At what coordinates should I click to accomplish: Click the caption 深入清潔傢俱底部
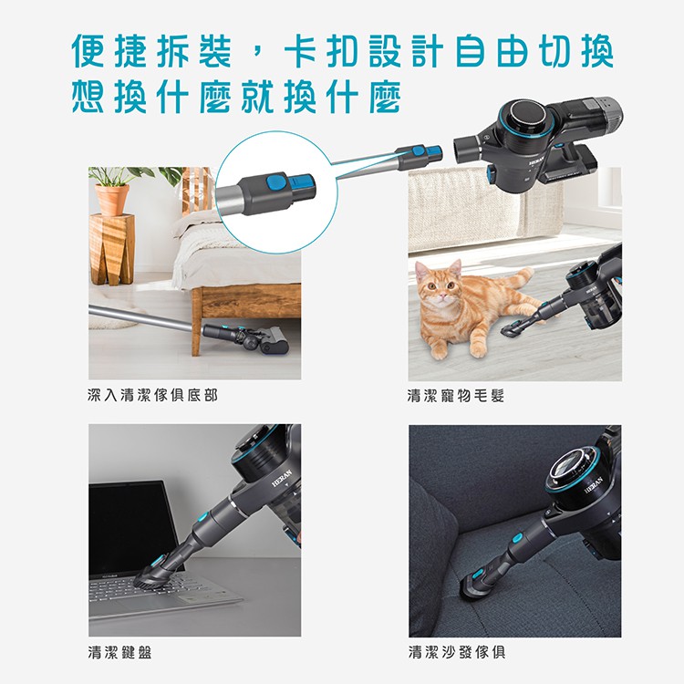click(x=152, y=395)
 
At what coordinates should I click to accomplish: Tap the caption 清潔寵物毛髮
click(x=456, y=396)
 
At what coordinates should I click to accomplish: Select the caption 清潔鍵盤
click(x=119, y=653)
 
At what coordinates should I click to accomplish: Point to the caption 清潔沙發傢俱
click(x=457, y=653)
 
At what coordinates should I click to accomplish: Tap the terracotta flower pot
click(x=112, y=200)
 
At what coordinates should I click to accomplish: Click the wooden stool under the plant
click(x=111, y=250)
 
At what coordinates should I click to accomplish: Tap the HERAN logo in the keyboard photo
click(x=282, y=478)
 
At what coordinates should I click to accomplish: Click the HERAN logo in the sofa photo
click(x=594, y=484)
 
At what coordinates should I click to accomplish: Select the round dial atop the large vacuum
click(x=528, y=115)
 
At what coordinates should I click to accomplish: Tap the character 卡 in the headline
click(x=301, y=50)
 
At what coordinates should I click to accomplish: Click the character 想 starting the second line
click(x=88, y=96)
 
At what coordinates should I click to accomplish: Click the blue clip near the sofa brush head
click(x=478, y=573)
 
